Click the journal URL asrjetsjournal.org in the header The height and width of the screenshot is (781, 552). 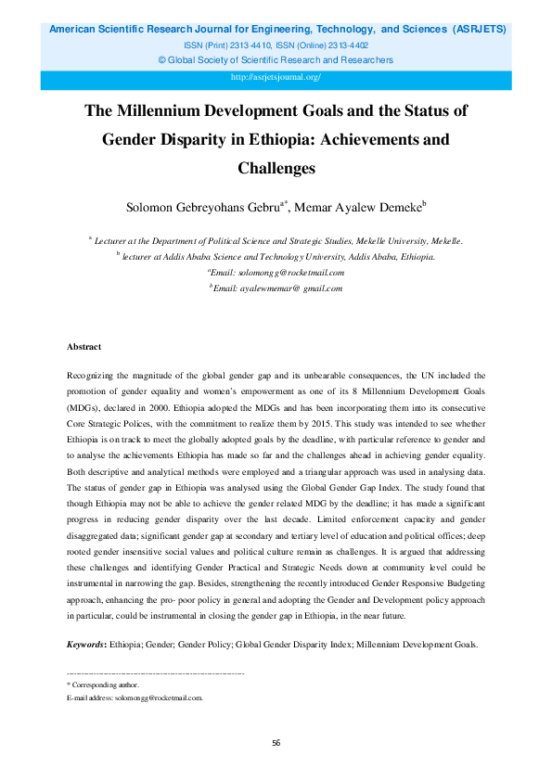[x=275, y=78]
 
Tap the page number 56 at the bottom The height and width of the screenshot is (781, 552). [x=276, y=743]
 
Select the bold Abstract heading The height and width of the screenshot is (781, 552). [x=84, y=346]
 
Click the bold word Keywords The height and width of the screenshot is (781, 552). [x=86, y=643]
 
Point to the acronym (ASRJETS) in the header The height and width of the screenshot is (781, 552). [x=479, y=30]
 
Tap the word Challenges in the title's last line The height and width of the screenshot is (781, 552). [x=276, y=168]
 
